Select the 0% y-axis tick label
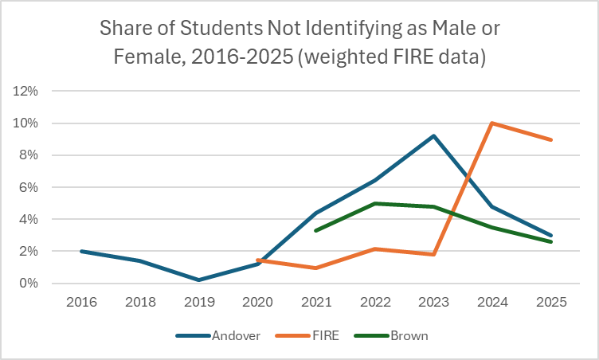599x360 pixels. pyautogui.click(x=29, y=283)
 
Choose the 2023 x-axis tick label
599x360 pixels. pyautogui.click(x=433, y=303)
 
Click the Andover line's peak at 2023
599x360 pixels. pyautogui.click(x=433, y=135)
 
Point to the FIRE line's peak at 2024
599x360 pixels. pyautogui.click(x=492, y=123)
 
